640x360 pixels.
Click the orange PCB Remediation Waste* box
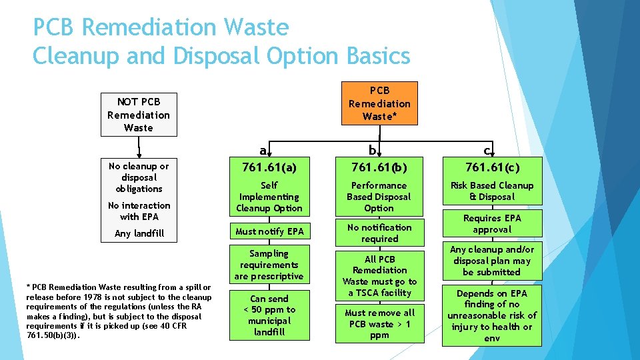coord(379,103)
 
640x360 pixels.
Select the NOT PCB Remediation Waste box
coord(139,115)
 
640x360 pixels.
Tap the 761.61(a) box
coord(269,167)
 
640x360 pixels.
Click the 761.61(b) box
coord(379,167)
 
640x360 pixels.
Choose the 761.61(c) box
coord(492,167)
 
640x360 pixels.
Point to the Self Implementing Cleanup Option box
coord(269,197)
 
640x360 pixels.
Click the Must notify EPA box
coord(269,231)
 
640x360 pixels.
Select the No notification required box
coord(379,233)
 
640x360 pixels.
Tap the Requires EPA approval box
coord(492,224)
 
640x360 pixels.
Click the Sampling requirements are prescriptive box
coord(269,265)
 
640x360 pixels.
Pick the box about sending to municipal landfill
coord(269,315)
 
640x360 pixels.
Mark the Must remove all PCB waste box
coord(379,323)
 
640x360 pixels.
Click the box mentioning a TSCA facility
coord(379,276)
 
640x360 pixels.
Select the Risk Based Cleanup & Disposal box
coord(492,191)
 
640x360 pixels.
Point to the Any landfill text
coord(139,233)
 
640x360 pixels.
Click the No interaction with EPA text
coord(139,211)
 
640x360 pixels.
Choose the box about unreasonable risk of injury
coord(492,315)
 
